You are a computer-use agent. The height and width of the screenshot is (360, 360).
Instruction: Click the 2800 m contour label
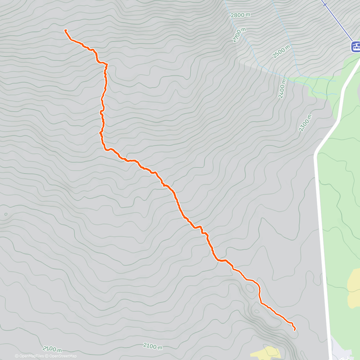point(241,15)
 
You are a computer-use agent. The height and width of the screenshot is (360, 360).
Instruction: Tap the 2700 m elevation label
point(239,35)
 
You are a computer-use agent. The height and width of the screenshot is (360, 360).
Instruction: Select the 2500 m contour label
point(281,51)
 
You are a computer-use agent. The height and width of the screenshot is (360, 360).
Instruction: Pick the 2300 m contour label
point(305,123)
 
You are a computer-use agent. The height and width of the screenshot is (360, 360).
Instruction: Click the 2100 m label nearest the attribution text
point(52,349)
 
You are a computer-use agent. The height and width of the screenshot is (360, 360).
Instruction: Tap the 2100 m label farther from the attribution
point(153,346)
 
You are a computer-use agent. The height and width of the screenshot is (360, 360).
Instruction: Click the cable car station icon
point(356,46)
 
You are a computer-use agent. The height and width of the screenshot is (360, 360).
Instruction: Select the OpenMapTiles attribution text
point(31,356)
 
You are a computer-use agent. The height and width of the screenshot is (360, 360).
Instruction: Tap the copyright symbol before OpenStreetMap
point(47,356)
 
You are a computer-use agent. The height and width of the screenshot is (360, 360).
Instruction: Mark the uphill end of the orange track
point(65,30)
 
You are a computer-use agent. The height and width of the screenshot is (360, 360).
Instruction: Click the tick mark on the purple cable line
point(325,4)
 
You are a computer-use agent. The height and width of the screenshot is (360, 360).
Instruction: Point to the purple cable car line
point(339,22)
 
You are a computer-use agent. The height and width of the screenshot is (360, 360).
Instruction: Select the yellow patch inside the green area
point(354,285)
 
